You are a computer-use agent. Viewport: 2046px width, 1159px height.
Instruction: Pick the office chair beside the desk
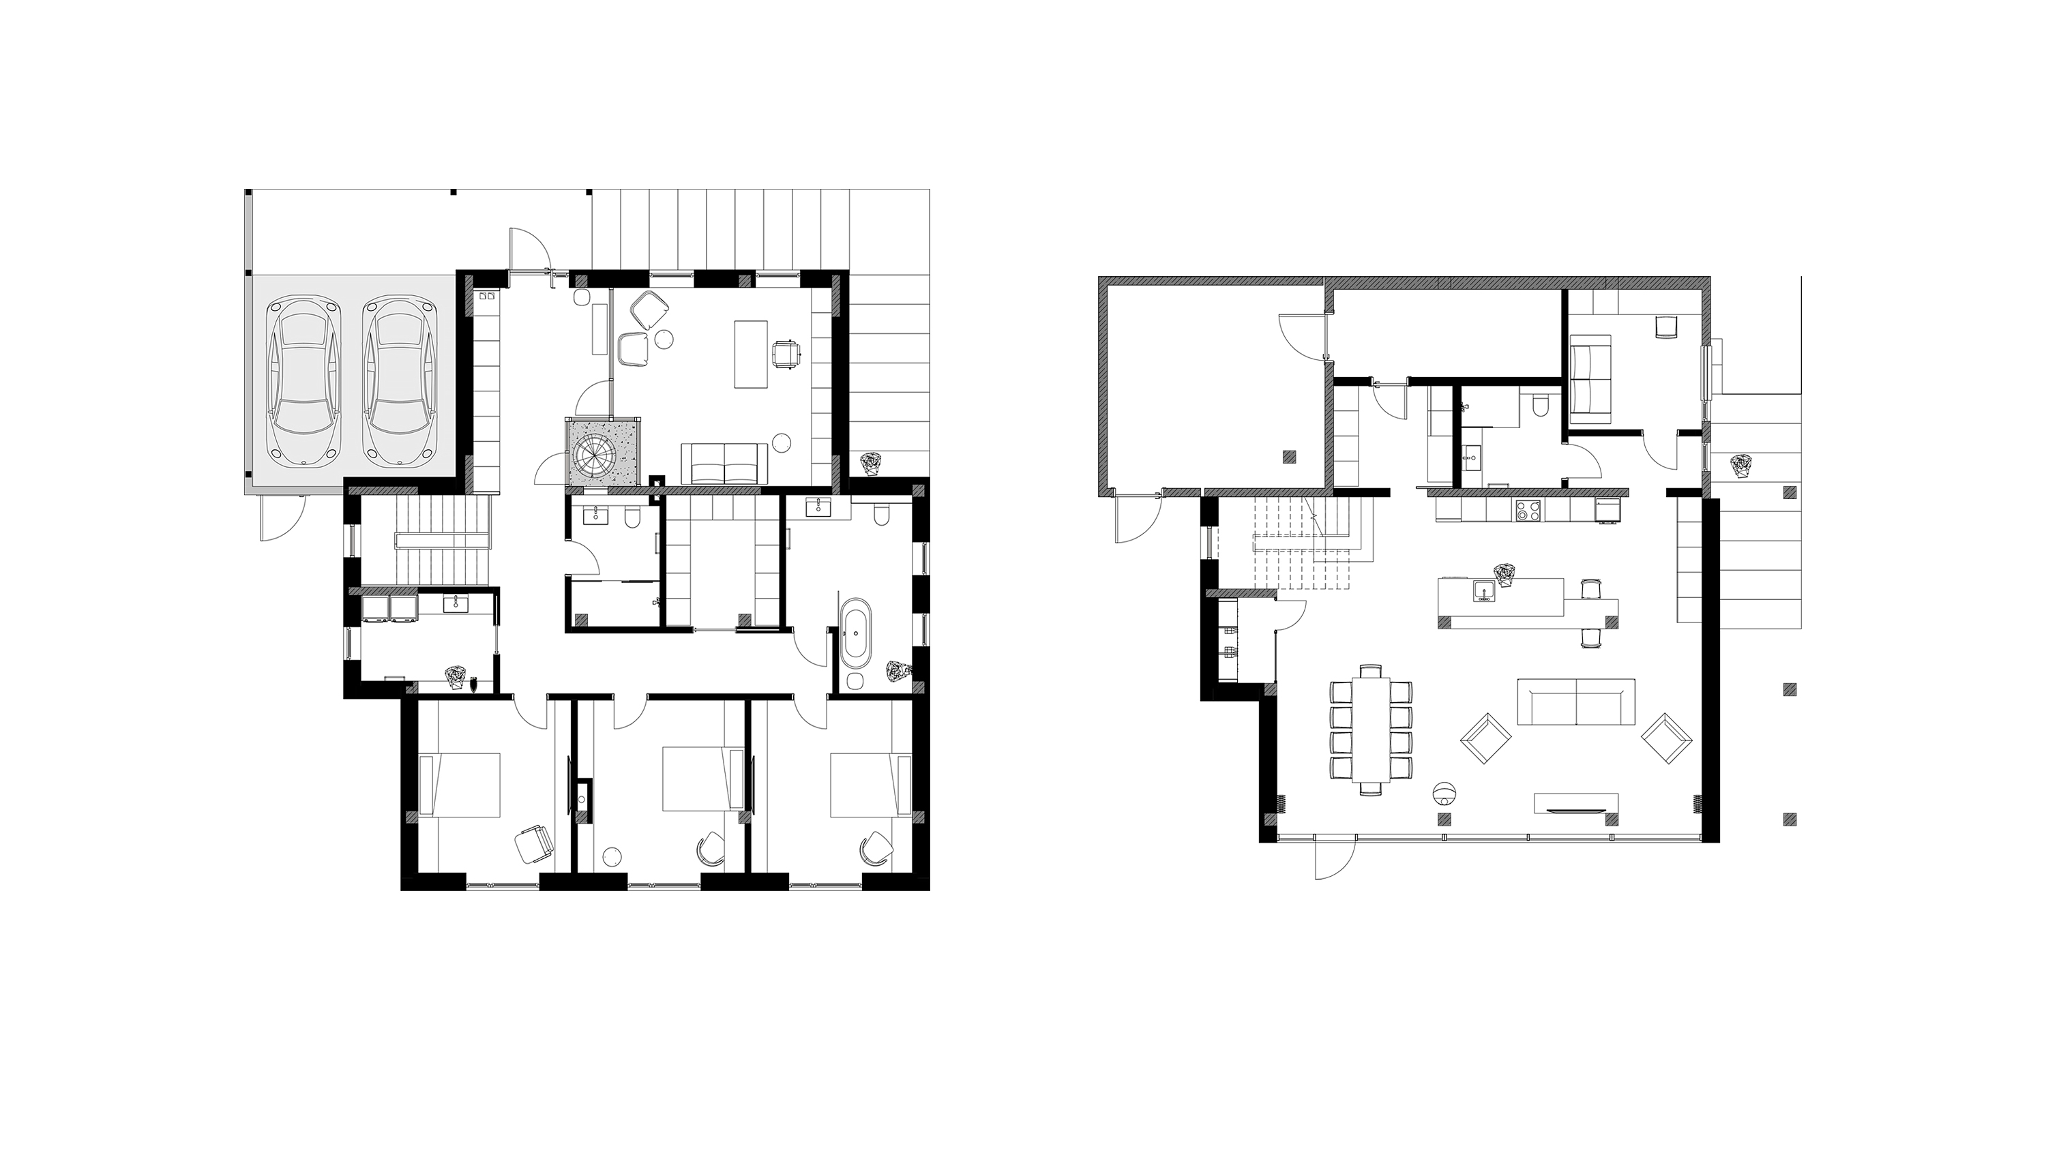pos(785,353)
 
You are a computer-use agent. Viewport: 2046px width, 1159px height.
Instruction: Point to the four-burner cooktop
pos(1528,510)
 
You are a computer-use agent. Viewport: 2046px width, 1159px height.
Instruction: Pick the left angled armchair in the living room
pos(1485,739)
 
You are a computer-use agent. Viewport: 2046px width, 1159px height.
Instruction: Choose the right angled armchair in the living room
pos(1665,739)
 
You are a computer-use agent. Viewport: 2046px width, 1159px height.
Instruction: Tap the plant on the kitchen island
pos(1504,574)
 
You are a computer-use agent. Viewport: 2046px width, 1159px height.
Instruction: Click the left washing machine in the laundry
pos(375,608)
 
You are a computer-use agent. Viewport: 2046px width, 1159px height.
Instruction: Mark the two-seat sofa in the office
pos(724,464)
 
